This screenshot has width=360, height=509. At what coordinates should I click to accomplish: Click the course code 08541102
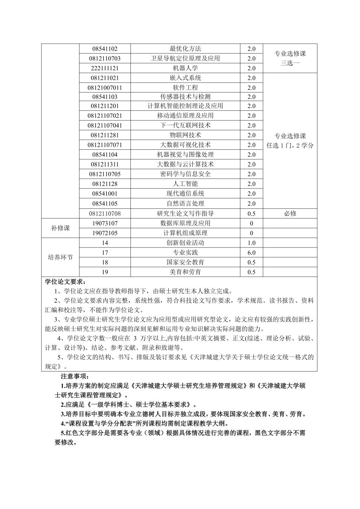105,49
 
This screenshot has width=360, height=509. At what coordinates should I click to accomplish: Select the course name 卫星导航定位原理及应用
185,58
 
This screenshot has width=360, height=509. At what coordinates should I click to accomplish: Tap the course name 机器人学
185,68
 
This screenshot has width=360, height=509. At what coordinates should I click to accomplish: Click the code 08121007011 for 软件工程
105,88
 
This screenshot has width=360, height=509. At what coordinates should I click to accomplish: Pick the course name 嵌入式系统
185,78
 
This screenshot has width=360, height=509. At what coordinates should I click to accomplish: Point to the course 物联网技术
185,135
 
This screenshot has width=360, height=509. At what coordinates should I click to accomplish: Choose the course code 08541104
105,155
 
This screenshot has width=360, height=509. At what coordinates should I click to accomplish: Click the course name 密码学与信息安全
185,174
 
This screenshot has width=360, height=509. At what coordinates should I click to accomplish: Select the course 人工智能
185,184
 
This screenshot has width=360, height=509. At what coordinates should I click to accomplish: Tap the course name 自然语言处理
185,204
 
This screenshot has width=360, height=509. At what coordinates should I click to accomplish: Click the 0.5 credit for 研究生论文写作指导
251,213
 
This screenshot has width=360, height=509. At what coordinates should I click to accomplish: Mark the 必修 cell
290,213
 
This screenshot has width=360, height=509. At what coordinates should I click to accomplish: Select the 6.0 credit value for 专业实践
251,253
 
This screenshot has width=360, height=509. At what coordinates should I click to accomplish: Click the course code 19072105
105,233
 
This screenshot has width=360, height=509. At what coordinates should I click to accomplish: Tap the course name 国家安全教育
185,262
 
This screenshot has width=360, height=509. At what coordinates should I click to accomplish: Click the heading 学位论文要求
65,282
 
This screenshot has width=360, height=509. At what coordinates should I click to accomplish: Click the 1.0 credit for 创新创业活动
251,243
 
